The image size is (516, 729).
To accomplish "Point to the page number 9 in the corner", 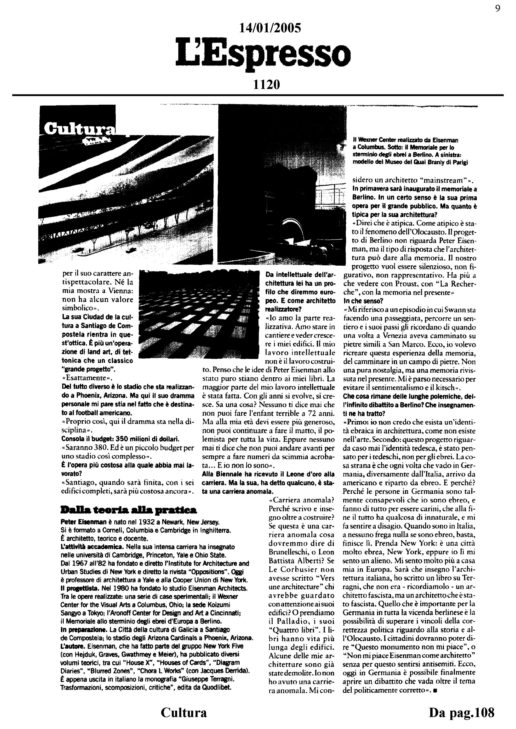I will click(x=498, y=8).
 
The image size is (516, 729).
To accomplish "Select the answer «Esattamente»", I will click(x=87, y=378).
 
